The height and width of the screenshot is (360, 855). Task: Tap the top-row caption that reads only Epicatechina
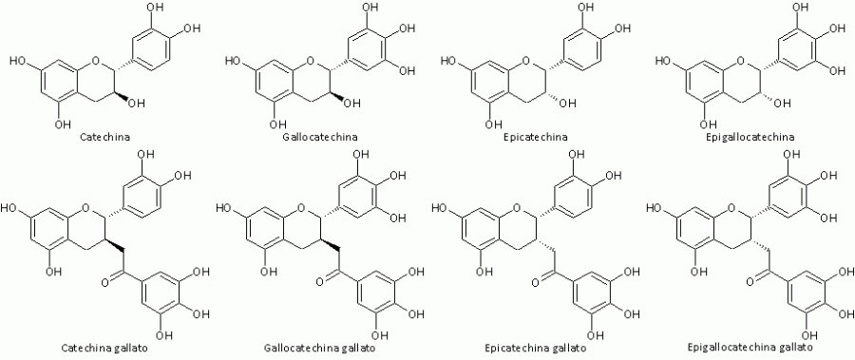(x=536, y=137)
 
